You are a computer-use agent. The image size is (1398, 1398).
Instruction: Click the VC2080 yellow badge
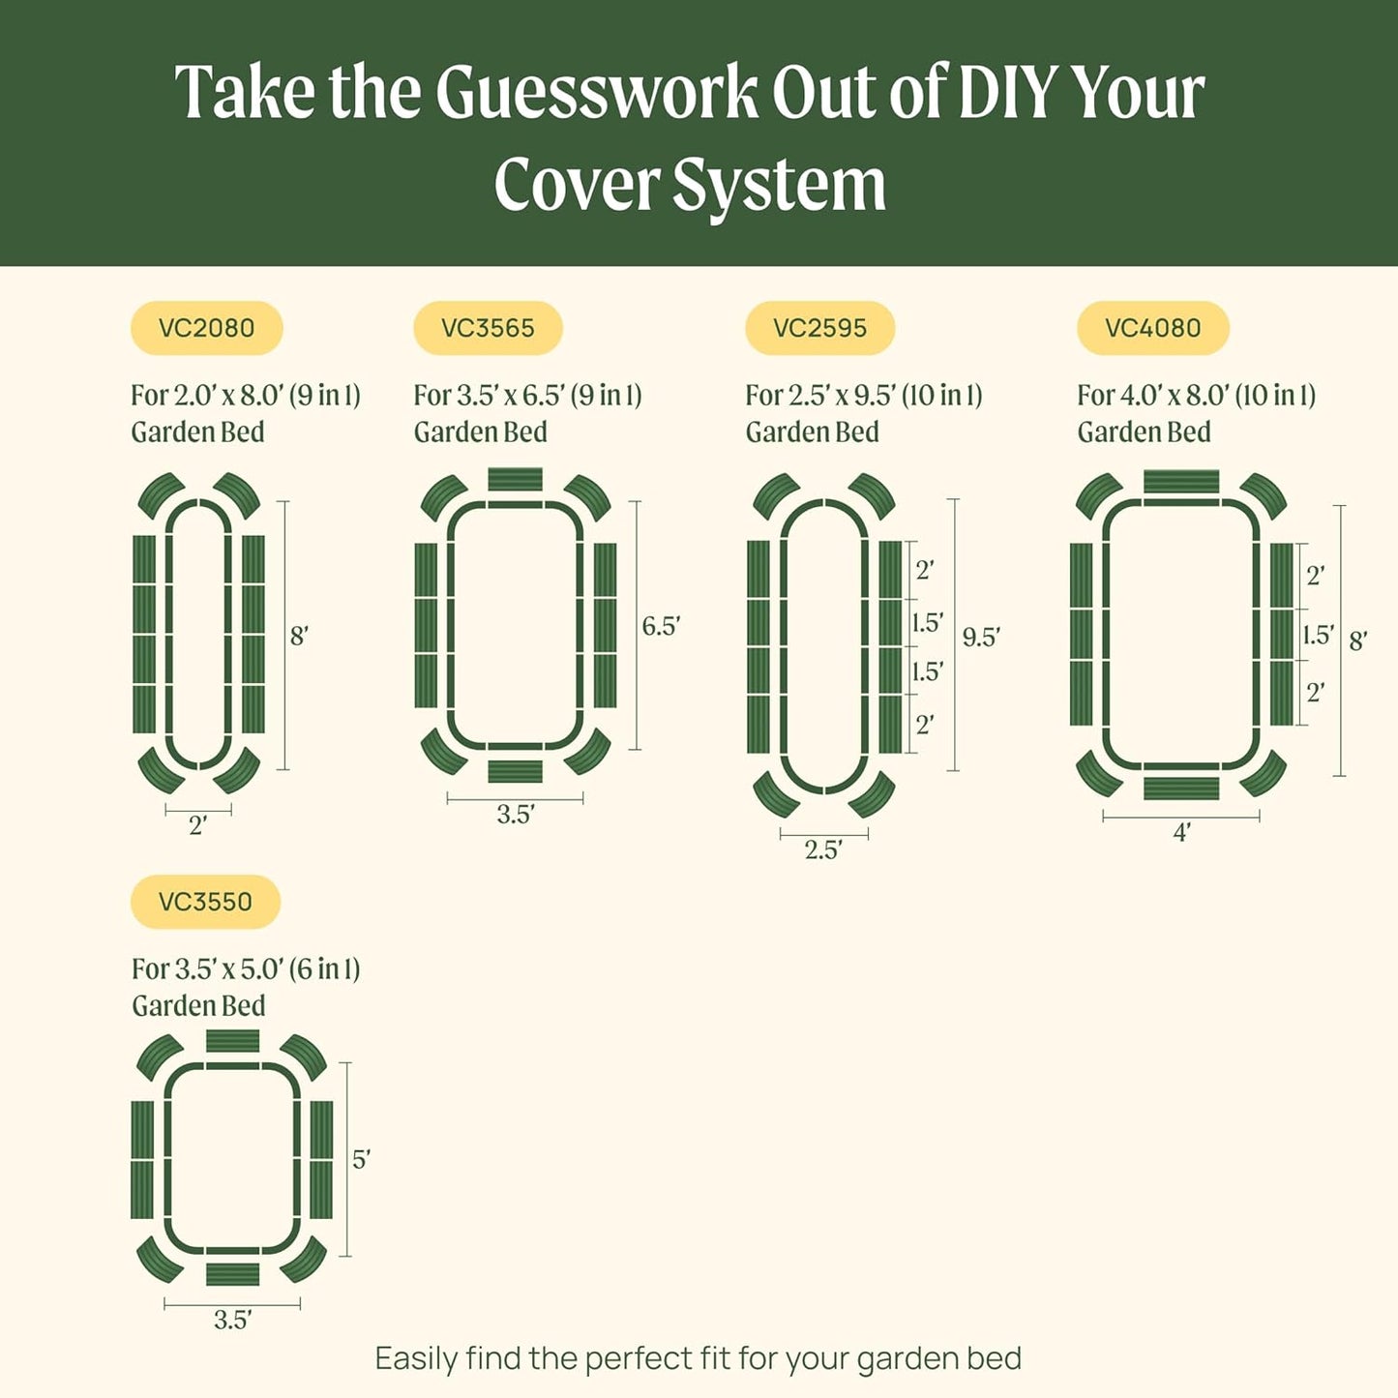coord(206,328)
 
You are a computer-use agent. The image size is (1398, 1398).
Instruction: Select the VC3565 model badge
coord(488,328)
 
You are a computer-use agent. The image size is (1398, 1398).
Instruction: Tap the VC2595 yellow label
coord(819,328)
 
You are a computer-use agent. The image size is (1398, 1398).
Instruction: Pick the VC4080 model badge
coord(1152,328)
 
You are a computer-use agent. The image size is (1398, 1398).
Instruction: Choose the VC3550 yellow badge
coord(205,902)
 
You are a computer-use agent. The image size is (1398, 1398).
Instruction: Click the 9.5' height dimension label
coord(981,638)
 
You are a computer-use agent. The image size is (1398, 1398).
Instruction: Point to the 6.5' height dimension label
coord(661,627)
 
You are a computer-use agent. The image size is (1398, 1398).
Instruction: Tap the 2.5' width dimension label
coord(823,849)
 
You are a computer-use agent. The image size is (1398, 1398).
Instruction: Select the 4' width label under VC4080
coord(1181,832)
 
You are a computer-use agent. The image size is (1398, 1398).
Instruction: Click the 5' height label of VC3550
coord(361,1159)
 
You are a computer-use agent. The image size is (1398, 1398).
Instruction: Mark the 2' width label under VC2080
coord(198,825)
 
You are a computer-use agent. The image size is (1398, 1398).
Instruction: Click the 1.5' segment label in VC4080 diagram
coord(1318,636)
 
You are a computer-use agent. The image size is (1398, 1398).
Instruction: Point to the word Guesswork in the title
coord(596,93)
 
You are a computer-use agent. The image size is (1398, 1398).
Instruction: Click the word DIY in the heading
coord(1006,93)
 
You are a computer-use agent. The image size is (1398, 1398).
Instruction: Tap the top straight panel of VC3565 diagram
coord(515,480)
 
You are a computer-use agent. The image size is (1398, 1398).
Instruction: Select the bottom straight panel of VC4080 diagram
coord(1181,788)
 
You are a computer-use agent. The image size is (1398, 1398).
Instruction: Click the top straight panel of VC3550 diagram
coord(232,1041)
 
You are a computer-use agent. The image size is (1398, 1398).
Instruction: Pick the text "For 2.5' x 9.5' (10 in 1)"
coord(863,396)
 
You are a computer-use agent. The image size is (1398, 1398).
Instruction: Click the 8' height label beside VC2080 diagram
coord(299,637)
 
